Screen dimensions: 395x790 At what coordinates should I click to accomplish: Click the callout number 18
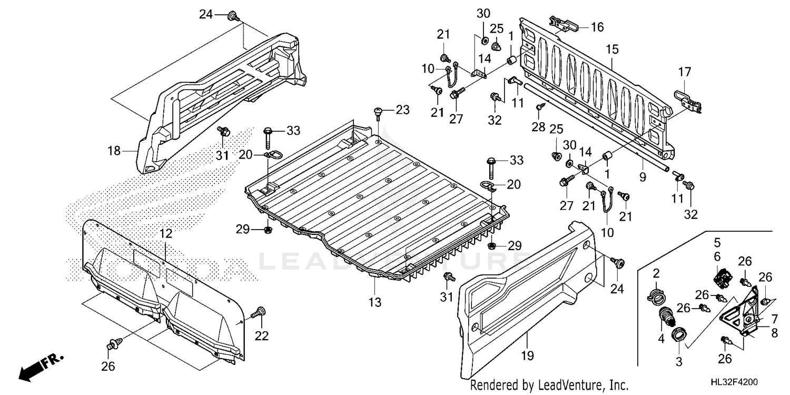tap(114, 151)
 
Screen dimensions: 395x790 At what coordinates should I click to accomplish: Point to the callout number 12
tap(165, 233)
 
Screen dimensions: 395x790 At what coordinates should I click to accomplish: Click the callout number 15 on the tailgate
tap(611, 49)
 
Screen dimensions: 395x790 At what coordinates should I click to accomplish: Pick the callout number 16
tap(597, 27)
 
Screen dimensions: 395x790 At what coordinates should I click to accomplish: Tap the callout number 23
tap(402, 110)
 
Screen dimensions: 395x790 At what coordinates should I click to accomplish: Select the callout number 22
tap(261, 335)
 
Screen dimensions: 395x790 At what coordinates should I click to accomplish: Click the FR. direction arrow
tap(41, 367)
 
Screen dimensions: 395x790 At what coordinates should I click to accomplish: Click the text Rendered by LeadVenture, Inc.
tap(549, 384)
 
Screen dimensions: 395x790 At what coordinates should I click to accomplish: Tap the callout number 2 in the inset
tap(656, 272)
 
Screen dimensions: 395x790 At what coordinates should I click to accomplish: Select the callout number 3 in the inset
tap(679, 362)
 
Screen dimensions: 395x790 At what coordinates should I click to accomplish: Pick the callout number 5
tap(717, 243)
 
